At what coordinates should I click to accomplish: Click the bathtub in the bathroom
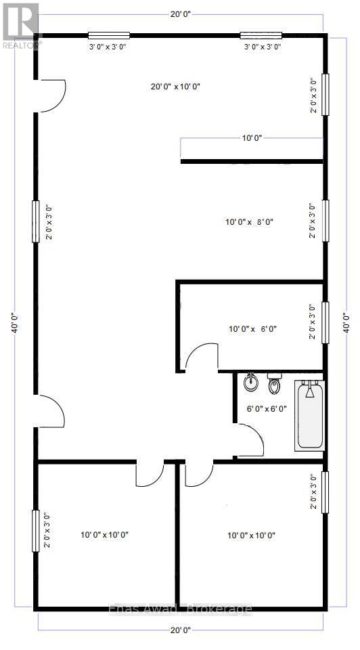point(310,416)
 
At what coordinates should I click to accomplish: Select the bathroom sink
point(251,382)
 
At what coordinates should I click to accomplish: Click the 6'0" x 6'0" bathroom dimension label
point(267,408)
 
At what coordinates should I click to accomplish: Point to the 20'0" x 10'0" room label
point(175,86)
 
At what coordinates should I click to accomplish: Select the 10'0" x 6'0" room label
point(252,329)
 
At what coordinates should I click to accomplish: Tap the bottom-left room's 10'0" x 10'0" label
point(104,535)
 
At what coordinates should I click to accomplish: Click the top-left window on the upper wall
point(108,36)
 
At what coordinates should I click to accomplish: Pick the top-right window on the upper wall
point(261,36)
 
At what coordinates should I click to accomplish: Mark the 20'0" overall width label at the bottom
point(180,630)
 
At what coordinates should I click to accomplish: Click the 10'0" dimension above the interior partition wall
point(252,137)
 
